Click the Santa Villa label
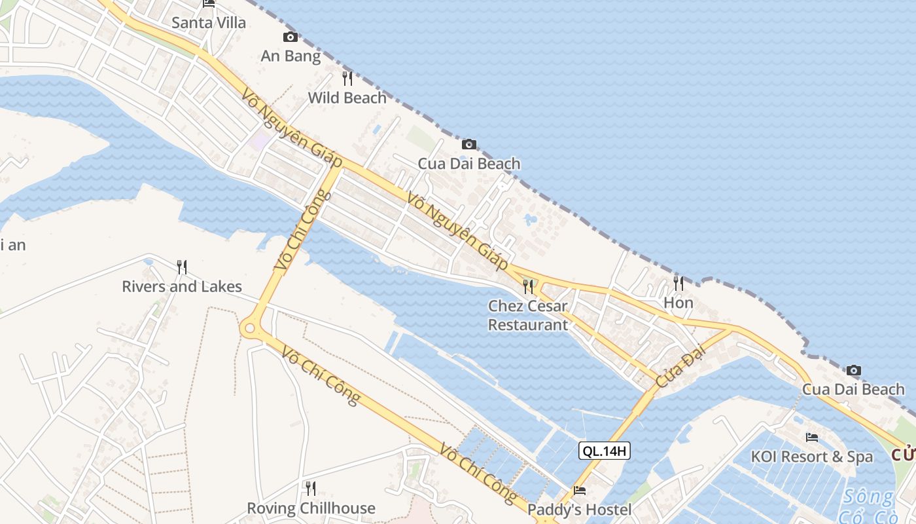(x=209, y=23)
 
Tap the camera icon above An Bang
(x=291, y=37)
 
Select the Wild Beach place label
(x=347, y=98)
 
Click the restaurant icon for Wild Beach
(x=347, y=79)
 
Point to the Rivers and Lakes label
(x=182, y=287)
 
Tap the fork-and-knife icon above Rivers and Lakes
(x=182, y=267)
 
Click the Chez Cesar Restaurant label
(x=528, y=315)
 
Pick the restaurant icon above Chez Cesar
(x=528, y=286)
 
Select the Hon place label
(x=678, y=303)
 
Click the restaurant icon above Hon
(x=678, y=283)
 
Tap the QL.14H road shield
(x=605, y=451)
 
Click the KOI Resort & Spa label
(x=812, y=457)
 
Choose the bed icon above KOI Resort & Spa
(x=812, y=437)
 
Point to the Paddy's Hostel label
(x=580, y=510)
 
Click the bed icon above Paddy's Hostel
(x=580, y=490)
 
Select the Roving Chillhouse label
(x=311, y=508)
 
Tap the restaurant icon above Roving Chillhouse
(x=311, y=488)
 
